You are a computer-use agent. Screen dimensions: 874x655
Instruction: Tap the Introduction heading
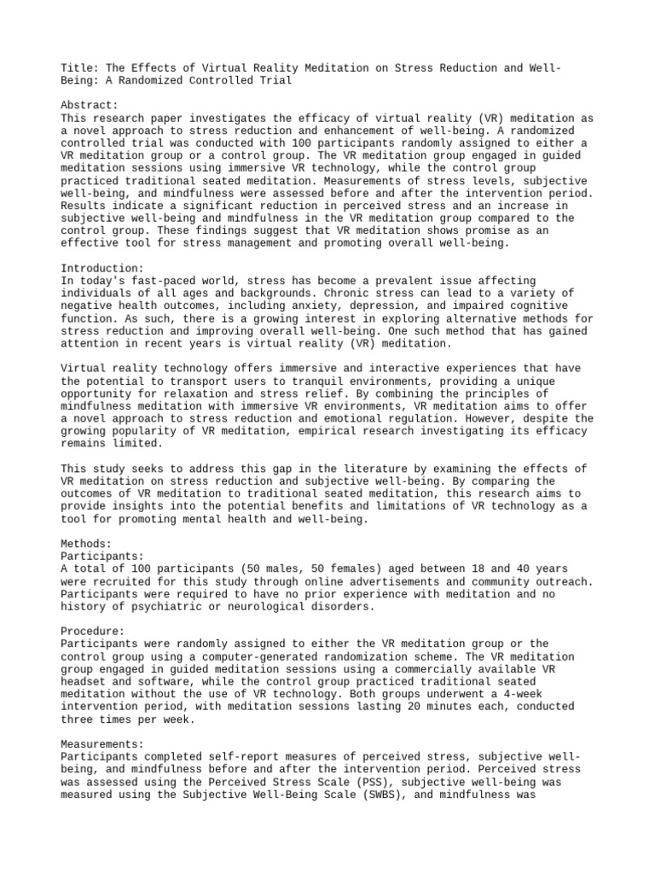point(101,268)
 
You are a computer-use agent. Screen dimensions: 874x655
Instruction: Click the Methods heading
point(86,544)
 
